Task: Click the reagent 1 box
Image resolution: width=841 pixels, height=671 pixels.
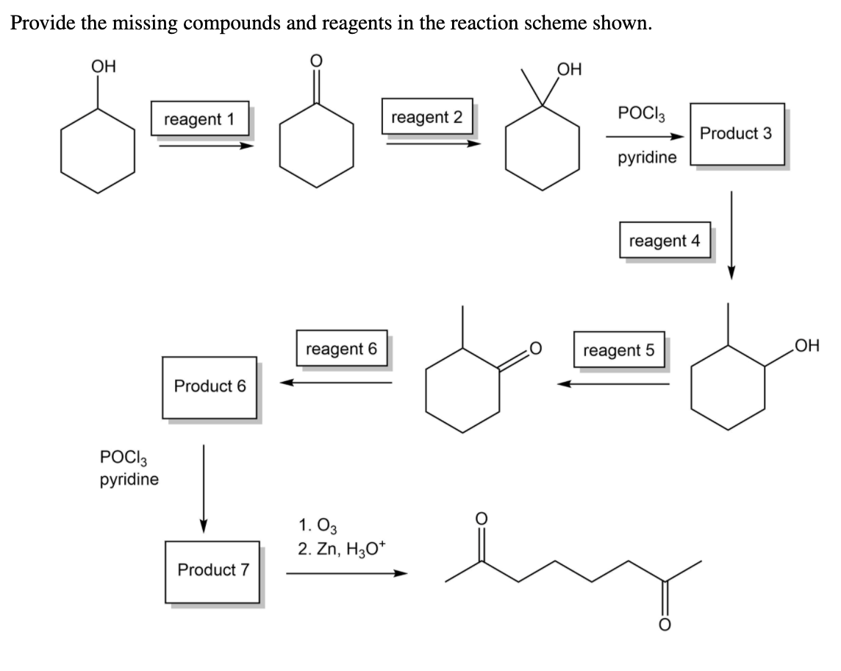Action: [x=200, y=118]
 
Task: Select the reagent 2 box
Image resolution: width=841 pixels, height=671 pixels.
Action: [x=427, y=117]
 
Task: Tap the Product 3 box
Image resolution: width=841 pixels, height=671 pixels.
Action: [x=736, y=134]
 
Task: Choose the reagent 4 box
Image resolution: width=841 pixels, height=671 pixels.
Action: [x=665, y=240]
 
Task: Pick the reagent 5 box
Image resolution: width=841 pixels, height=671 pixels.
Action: [x=618, y=350]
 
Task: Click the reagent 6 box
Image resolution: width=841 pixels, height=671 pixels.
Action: [x=341, y=349]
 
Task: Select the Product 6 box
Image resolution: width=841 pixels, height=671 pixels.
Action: [x=210, y=387]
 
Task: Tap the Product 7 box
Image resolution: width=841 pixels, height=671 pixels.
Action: [x=213, y=570]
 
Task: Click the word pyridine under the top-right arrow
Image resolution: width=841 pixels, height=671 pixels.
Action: [x=647, y=159]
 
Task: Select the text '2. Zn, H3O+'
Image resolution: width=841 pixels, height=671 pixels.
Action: [x=337, y=549]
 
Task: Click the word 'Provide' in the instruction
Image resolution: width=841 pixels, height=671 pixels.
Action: [x=40, y=23]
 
